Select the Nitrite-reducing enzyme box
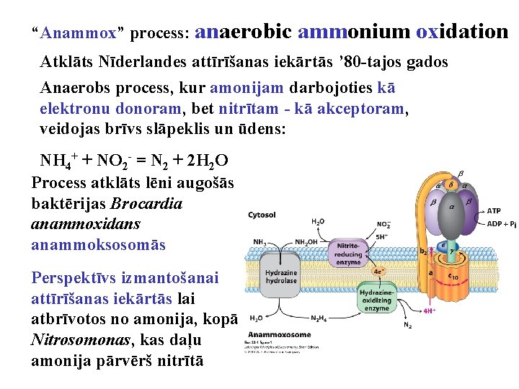[348, 253]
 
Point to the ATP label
[494, 211]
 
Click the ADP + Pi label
[501, 223]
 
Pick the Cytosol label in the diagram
[262, 215]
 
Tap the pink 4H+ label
[430, 311]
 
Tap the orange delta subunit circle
[451, 185]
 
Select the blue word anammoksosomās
[98, 245]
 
